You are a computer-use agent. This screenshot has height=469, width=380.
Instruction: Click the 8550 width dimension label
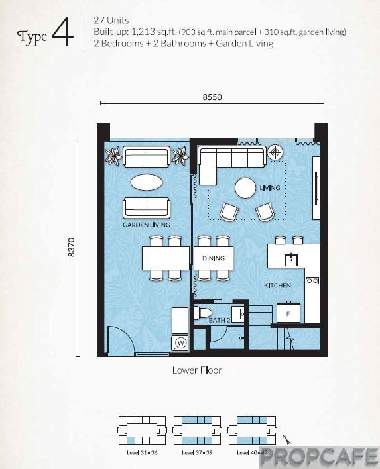pyautogui.click(x=212, y=97)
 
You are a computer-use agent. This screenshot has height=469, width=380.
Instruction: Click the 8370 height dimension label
pyautogui.click(x=71, y=247)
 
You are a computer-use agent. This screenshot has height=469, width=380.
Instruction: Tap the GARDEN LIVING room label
pyautogui.click(x=147, y=225)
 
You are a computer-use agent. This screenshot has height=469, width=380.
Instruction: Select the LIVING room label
pyautogui.click(x=270, y=188)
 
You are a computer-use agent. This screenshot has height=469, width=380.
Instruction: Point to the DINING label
pyautogui.click(x=213, y=258)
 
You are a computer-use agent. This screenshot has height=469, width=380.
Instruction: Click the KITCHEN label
pyautogui.click(x=277, y=286)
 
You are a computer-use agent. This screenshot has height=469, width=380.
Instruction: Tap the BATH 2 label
pyautogui.click(x=220, y=320)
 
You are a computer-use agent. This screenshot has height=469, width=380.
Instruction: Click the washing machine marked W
pyautogui.click(x=180, y=342)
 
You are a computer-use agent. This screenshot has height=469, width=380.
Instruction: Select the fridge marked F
pyautogui.click(x=288, y=313)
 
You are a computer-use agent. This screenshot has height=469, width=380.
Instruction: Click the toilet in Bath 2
pyautogui.click(x=202, y=313)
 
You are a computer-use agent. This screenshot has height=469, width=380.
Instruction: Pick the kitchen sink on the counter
pyautogui.click(x=291, y=259)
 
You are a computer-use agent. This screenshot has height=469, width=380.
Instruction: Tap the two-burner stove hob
pyautogui.click(x=312, y=281)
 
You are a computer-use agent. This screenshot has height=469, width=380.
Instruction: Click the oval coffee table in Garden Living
pyautogui.click(x=147, y=182)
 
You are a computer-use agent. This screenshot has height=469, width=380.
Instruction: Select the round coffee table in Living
pyautogui.click(x=245, y=188)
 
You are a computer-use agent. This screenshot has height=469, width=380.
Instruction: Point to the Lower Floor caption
pyautogui.click(x=197, y=370)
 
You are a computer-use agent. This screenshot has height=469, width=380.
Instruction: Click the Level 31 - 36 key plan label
pyautogui.click(x=142, y=452)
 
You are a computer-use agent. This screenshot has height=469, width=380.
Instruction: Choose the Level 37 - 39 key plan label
pyautogui.click(x=197, y=452)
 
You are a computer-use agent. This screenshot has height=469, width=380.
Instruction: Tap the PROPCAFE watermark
pyautogui.click(x=319, y=456)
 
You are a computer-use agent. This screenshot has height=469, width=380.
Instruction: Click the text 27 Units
pyautogui.click(x=111, y=21)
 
